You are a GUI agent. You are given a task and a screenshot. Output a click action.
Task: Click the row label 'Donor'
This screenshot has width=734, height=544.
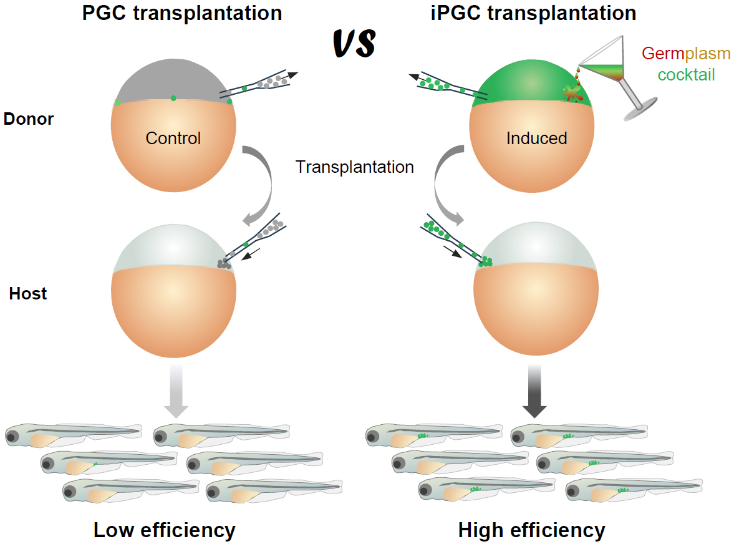29,119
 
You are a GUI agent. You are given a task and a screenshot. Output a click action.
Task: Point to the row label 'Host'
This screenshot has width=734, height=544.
28,293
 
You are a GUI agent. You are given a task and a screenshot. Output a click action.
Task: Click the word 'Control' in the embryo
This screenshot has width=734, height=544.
173,138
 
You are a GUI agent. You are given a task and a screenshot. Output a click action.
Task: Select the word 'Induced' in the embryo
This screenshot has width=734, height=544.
536,138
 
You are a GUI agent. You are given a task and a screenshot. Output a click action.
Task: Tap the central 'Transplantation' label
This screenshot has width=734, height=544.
355,167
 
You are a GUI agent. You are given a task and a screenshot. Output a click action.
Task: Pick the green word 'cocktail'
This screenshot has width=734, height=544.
686,75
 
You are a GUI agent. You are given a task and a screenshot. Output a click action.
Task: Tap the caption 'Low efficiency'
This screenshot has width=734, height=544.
165,530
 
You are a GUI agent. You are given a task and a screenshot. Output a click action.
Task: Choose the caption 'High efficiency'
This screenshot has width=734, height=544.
531,530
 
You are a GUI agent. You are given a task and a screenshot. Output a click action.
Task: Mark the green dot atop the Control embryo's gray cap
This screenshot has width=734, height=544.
173,98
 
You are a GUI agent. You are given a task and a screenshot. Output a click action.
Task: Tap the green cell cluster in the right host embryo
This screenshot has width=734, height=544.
485,262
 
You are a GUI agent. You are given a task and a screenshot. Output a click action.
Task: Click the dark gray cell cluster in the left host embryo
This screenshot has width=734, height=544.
224,265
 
